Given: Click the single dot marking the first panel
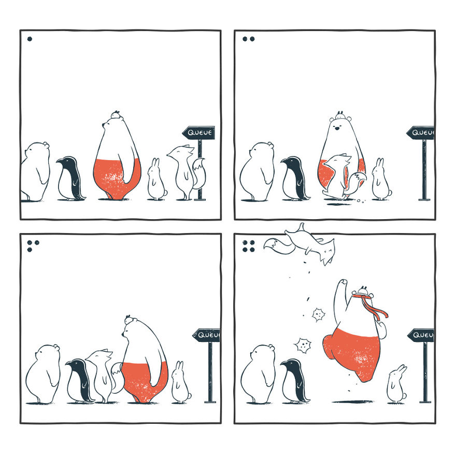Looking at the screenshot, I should [30, 38].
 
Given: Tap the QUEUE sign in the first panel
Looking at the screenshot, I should [199, 133].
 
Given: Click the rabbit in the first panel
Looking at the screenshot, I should [155, 181].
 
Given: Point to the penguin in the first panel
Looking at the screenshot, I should [70, 179].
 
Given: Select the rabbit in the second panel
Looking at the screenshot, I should [380, 181].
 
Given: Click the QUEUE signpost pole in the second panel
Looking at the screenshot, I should [424, 171].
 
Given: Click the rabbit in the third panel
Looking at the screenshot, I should [180, 384].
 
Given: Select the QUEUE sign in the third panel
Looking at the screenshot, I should [207, 335].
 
